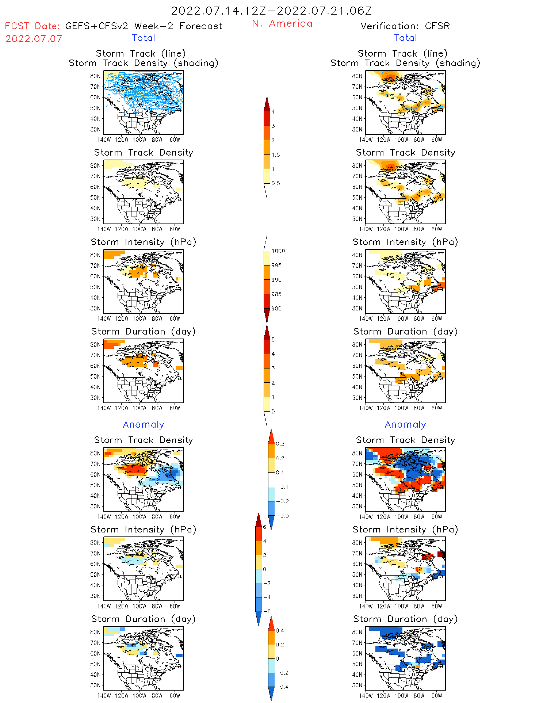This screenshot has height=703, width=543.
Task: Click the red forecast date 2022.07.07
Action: [x=34, y=39]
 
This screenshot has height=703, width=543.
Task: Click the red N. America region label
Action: [x=282, y=24]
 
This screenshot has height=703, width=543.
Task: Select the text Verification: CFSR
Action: [x=405, y=26]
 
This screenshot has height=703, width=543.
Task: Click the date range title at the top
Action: [x=271, y=11]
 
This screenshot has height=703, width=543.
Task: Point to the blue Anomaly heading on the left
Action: [x=144, y=425]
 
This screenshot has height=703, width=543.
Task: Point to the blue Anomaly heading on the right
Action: [x=405, y=425]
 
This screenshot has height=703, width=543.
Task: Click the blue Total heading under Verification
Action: [x=405, y=38]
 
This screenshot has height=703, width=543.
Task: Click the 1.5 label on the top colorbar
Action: [x=276, y=155]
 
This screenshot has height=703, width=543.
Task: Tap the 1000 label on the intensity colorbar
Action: [x=278, y=251]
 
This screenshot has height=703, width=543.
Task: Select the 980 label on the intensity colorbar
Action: [x=276, y=309]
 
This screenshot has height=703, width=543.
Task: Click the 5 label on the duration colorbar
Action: [x=273, y=340]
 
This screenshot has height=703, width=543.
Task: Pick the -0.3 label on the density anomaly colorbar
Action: [x=282, y=516]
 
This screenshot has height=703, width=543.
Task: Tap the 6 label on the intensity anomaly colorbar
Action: [x=265, y=527]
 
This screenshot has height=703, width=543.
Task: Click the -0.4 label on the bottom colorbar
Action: [x=282, y=687]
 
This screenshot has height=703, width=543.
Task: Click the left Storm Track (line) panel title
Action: [x=141, y=54]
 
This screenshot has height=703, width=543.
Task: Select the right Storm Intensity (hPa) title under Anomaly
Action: [x=405, y=530]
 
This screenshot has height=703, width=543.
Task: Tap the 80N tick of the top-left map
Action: [x=95, y=76]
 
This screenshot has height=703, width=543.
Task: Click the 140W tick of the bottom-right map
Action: [x=366, y=696]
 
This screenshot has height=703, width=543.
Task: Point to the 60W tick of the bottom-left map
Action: [x=175, y=696]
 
